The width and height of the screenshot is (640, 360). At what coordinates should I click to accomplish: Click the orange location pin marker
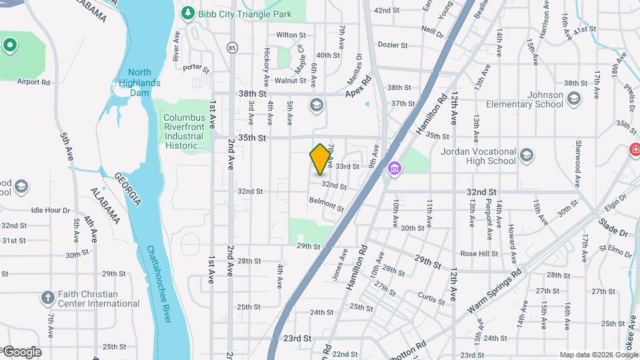pyautogui.click(x=321, y=159)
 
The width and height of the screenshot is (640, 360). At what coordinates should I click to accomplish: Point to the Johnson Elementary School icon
pyautogui.click(x=575, y=99)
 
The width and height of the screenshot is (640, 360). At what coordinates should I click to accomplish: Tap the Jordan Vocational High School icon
pyautogui.click(x=527, y=155)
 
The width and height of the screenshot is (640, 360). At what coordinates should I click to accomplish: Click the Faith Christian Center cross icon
pyautogui.click(x=47, y=297)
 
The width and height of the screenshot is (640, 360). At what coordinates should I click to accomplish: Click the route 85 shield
pyautogui.click(x=231, y=47)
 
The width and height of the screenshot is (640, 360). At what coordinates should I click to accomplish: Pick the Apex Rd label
pyautogui.click(x=357, y=91)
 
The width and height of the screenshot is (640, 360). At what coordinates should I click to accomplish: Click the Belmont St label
pyautogui.click(x=326, y=203)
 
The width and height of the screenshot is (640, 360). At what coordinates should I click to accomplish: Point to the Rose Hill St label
pyautogui.click(x=479, y=253)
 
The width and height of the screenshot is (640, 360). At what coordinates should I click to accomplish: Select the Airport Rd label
pyautogui.click(x=34, y=82)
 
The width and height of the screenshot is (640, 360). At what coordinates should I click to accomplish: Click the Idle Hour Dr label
pyautogui.click(x=50, y=210)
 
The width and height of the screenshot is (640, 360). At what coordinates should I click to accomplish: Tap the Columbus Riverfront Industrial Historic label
pyautogui.click(x=183, y=131)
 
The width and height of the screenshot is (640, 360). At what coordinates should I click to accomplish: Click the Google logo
pyautogui.click(x=22, y=352)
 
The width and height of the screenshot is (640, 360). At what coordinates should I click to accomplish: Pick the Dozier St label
pyautogui.click(x=392, y=45)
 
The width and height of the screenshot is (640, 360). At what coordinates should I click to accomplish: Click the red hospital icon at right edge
pyautogui.click(x=635, y=151)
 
